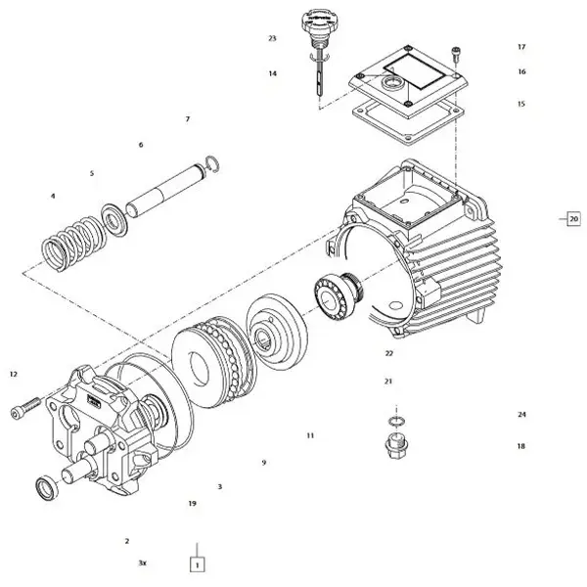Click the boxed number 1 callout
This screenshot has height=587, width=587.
click(x=197, y=564)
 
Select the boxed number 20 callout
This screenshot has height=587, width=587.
click(x=573, y=218)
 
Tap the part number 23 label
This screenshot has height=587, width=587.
click(x=272, y=38)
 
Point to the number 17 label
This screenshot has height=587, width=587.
click(x=521, y=47)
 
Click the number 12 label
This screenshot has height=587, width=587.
click(x=14, y=374)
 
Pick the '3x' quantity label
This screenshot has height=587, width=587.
click(x=142, y=564)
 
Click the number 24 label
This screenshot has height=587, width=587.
click(x=521, y=415)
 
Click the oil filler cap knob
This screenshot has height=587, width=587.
click(x=315, y=23)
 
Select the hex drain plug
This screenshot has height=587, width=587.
click(x=396, y=445)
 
